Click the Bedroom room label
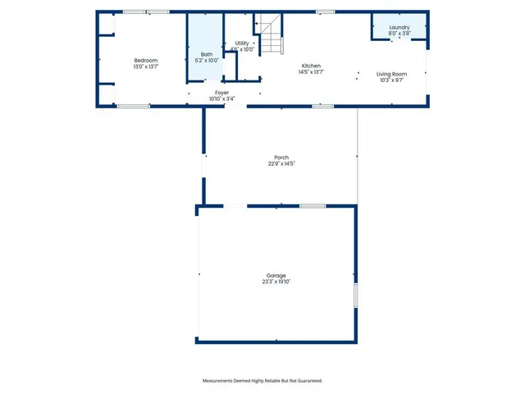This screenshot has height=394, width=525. tap(146, 61)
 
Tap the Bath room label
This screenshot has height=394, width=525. tap(206, 55)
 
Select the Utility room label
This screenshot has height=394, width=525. tap(242, 44)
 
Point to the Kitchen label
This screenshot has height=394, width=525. tap(310, 66)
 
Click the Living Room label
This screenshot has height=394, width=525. tap(391, 75)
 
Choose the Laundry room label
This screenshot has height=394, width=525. tap(399, 28)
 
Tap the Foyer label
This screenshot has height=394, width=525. tap(221, 93)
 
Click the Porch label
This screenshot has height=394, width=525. tap(281, 158)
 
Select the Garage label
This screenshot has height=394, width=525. tap(276, 275)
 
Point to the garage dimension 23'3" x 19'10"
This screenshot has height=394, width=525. tap(276, 282)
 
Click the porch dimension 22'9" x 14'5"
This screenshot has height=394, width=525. tap(281, 164)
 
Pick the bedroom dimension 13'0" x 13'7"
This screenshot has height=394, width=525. tap(146, 66)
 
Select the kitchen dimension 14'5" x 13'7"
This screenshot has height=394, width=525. tap(310, 72)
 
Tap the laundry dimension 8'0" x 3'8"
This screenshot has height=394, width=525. tap(399, 34)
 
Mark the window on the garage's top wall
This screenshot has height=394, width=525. tap(312, 206)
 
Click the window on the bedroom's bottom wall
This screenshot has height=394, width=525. tap(133, 106)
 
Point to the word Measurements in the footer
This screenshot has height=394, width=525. tap(221, 381)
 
